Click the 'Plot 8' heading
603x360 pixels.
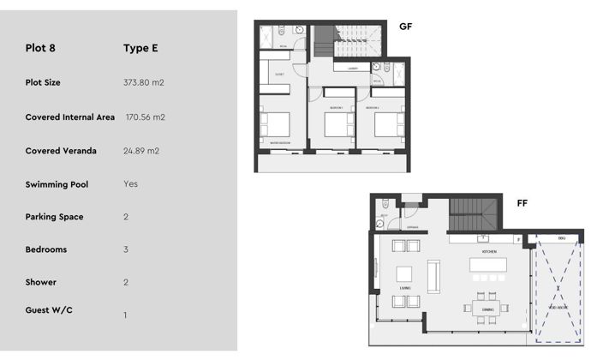[41, 48]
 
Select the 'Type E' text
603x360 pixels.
[140, 48]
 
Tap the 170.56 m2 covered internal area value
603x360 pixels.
[146, 117]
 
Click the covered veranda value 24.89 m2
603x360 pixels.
[141, 151]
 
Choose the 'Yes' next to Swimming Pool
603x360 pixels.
[130, 184]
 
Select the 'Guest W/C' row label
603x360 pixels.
[49, 309]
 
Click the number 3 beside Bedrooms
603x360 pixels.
[126, 250]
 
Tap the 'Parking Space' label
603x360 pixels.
[54, 217]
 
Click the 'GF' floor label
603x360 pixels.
[406, 27]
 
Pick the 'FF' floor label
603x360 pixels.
[522, 203]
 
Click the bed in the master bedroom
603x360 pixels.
[280, 126]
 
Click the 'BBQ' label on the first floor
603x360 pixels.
[562, 237]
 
